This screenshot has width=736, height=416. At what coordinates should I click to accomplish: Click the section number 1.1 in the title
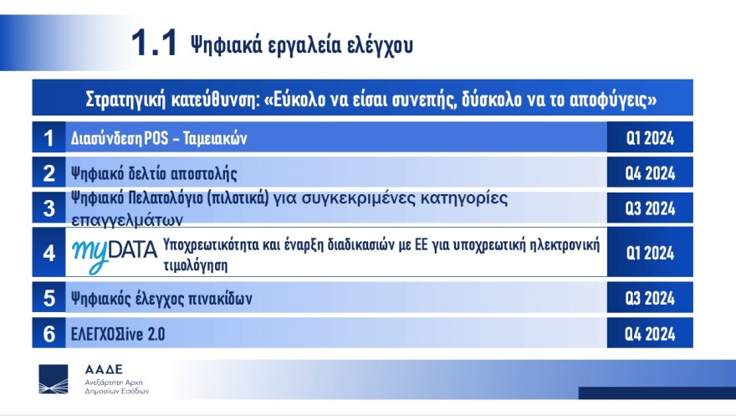click(x=155, y=44)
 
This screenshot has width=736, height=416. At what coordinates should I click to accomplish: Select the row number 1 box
click(x=49, y=137)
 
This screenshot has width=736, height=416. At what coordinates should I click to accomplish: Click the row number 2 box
click(x=49, y=173)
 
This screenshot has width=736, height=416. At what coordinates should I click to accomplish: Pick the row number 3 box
click(x=49, y=208)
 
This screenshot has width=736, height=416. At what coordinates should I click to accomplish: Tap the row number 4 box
click(x=49, y=252)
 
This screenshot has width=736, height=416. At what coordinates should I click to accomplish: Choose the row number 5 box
click(x=49, y=298)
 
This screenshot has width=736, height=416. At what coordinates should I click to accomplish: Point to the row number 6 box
click(x=49, y=334)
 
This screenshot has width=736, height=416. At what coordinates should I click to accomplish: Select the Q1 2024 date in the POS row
click(x=650, y=137)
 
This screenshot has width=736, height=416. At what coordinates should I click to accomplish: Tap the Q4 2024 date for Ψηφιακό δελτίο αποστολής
click(x=650, y=173)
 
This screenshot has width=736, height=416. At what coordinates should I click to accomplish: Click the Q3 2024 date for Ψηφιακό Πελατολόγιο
click(x=650, y=208)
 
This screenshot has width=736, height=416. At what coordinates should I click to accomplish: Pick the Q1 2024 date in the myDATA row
click(x=650, y=252)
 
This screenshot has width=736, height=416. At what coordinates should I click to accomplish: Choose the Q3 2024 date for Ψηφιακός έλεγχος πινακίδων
click(x=650, y=298)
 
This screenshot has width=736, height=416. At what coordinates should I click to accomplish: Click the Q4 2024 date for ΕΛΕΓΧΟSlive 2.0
click(x=650, y=334)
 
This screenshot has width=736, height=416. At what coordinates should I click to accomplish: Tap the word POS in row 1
click(x=156, y=137)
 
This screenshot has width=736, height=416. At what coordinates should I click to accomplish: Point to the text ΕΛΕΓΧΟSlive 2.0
click(x=119, y=334)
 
